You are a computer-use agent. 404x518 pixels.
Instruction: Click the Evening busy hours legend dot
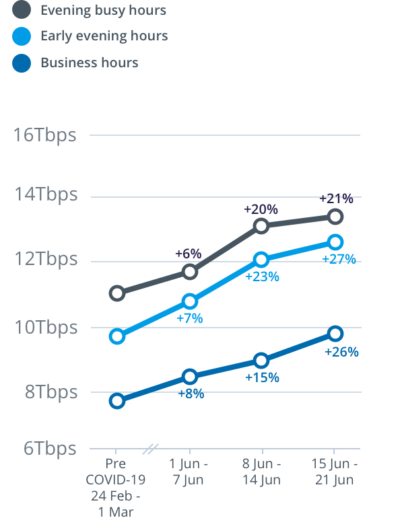[x=22, y=10]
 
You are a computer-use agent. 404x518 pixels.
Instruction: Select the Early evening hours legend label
[x=104, y=36]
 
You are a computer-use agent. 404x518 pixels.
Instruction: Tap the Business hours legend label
[x=90, y=63]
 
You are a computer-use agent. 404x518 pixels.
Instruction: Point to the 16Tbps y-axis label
[x=46, y=135]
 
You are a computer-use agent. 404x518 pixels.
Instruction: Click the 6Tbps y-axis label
[x=50, y=448]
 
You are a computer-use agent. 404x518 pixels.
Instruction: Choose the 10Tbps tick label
[x=46, y=328]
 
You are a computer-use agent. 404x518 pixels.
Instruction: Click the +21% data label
[x=336, y=198]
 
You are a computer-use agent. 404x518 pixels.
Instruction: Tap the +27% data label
[x=339, y=259]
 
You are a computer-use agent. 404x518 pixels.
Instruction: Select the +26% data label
[x=341, y=352]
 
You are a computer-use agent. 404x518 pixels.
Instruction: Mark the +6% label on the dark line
[x=189, y=254]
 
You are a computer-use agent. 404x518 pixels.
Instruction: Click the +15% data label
[x=262, y=377]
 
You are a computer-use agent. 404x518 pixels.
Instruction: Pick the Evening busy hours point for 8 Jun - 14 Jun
[x=262, y=226]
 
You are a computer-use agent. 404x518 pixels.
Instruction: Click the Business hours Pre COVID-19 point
[x=117, y=401]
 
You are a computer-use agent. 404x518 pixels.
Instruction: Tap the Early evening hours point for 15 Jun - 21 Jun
[x=335, y=242]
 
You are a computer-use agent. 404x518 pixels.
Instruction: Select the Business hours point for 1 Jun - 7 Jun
[x=190, y=376]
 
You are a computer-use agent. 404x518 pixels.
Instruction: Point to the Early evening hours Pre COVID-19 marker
[x=117, y=336]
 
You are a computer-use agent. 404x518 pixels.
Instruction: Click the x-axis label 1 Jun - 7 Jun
[x=189, y=472]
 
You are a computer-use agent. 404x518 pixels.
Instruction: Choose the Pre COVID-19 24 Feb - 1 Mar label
[x=116, y=487]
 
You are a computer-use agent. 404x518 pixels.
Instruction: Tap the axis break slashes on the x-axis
[x=152, y=448]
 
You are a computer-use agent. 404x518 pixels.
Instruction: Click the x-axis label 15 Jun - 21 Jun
[x=335, y=472]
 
